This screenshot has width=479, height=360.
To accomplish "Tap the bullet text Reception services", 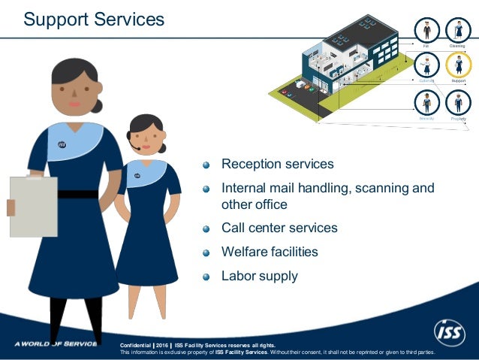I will [x=277, y=164].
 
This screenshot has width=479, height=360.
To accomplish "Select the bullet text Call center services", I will [x=279, y=228].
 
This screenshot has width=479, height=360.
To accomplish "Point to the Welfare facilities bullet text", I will [x=270, y=252].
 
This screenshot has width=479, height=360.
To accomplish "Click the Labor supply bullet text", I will [x=259, y=276].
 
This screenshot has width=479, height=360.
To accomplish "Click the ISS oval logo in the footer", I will [x=450, y=331].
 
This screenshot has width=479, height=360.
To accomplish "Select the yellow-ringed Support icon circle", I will [x=458, y=66].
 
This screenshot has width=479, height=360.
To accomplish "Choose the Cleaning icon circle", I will [x=458, y=31].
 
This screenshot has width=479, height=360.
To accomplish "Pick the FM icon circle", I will [x=426, y=31].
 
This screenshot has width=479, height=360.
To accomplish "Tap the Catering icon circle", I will [x=426, y=66].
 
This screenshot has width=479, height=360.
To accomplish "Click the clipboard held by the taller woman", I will [x=33, y=206].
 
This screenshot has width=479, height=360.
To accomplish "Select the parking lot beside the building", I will [x=297, y=91].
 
